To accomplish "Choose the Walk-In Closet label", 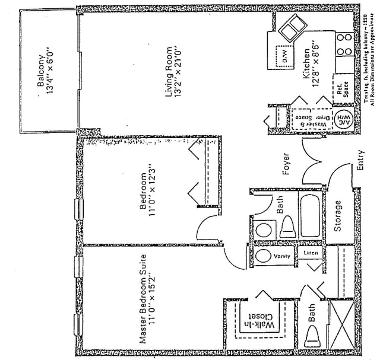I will (x=261, y=326).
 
